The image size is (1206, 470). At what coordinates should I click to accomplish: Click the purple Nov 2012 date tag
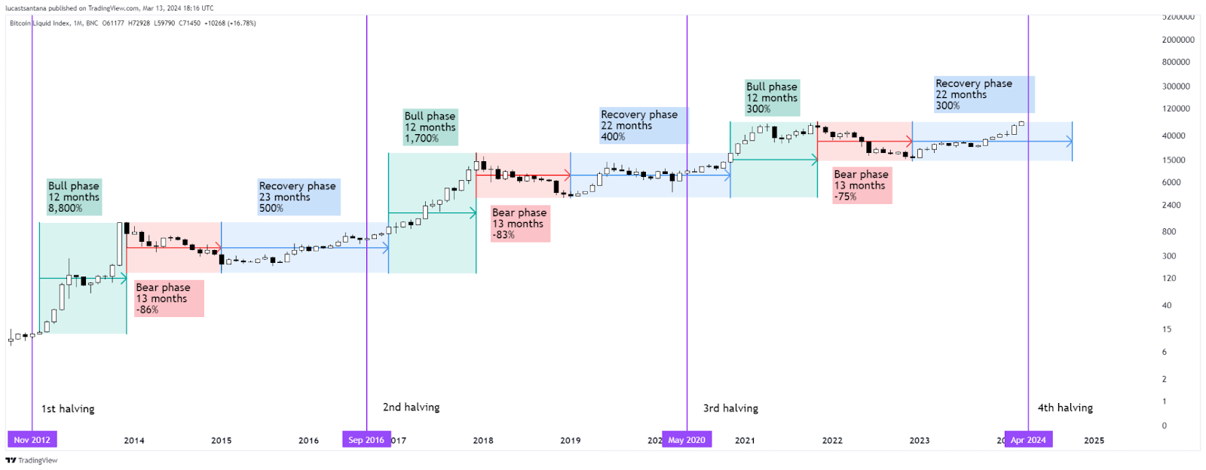32,440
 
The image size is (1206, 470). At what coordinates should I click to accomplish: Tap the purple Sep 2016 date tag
366,440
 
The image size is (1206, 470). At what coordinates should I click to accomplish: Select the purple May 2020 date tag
687,440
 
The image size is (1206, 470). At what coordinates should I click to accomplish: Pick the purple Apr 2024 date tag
1028,440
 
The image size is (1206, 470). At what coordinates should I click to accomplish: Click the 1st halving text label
68,409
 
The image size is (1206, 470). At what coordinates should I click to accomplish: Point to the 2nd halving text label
411,407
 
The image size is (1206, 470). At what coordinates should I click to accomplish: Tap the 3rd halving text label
730,408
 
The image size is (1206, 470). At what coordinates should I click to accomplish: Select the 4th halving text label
1065,407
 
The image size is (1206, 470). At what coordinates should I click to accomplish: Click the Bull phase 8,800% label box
74,197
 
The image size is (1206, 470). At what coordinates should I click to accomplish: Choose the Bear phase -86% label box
169,298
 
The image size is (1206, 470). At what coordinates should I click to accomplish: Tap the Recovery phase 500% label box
298,197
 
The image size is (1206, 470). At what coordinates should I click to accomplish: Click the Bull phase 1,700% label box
430,127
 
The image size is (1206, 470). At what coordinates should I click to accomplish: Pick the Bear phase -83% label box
519,224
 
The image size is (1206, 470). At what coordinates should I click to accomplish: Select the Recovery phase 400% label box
643,126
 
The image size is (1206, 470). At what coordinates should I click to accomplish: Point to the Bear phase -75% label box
862,185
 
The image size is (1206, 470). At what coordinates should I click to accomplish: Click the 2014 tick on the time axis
134,441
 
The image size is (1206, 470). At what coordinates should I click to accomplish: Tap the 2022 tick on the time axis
832,441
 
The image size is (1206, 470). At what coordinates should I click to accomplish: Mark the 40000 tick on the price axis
1174,136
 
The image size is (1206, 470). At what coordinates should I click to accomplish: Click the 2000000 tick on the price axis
1178,40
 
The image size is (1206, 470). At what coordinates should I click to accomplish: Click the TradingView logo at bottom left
32,460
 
